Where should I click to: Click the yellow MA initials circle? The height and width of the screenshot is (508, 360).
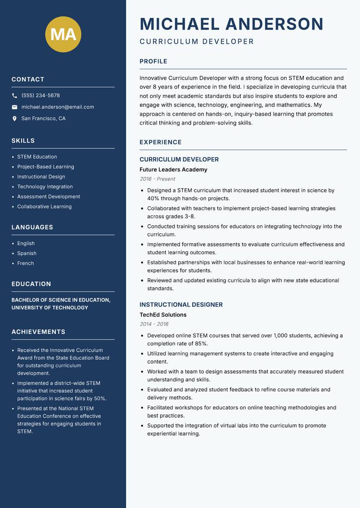pos(63,34)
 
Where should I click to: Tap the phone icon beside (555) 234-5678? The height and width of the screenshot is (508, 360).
pos(14,96)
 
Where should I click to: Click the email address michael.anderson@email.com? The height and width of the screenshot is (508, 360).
pos(58,107)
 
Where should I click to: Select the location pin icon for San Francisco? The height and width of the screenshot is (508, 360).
pos(14,119)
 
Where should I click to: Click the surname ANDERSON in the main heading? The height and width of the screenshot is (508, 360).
pos(274,24)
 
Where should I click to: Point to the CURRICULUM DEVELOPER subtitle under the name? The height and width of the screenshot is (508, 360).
pos(197,42)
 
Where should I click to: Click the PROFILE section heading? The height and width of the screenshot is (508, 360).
pos(153,62)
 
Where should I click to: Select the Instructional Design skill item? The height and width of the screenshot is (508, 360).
pos(41,177)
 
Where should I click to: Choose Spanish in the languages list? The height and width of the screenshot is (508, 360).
pos(27,253)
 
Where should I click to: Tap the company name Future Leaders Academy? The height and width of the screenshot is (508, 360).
pos(173,169)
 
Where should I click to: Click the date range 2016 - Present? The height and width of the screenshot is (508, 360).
pos(157,179)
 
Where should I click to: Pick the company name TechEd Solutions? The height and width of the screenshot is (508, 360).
pos(163,315)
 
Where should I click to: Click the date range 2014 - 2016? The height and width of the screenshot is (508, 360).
pos(154,324)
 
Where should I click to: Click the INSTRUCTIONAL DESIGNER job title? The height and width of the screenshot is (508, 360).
pos(181,305)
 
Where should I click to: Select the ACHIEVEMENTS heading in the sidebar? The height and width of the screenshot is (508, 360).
pos(38,332)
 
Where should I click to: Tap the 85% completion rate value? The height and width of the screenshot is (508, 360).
pos(201,343)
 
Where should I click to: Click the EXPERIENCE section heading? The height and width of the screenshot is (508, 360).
pos(161,143)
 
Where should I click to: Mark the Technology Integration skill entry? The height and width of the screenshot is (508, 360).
pos(45,187)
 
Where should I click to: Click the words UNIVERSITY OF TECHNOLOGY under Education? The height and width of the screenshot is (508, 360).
pos(49,307)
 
